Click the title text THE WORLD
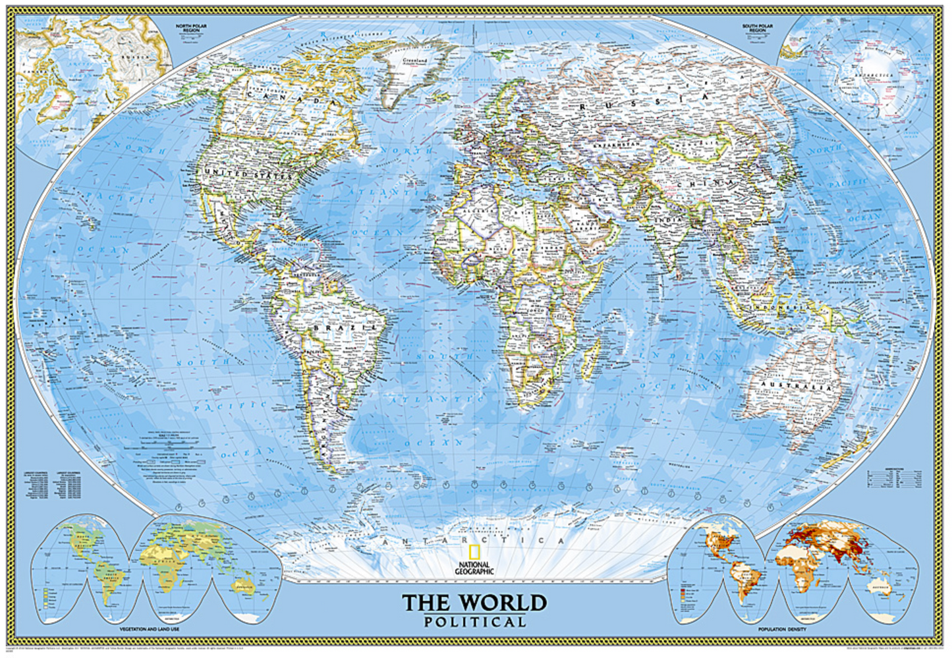474,602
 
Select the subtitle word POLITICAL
474,621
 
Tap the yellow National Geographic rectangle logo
473,553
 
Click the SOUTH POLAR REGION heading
758,28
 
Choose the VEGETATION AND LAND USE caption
150,629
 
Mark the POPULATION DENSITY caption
782,629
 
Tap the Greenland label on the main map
414,61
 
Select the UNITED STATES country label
248,174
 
